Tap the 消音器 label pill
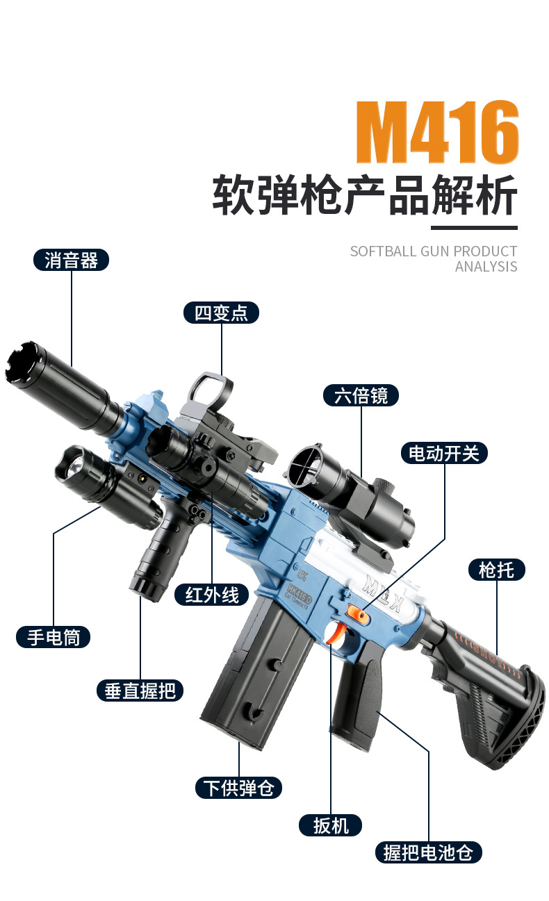(x=72, y=261)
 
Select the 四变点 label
(x=221, y=313)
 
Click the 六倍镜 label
(x=361, y=395)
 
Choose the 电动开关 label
(x=444, y=454)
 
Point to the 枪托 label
(x=496, y=570)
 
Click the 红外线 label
(x=211, y=594)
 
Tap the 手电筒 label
(x=54, y=636)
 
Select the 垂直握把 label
(x=140, y=691)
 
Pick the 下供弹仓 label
(x=238, y=788)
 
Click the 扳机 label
(x=330, y=825)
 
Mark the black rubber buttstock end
(x=514, y=722)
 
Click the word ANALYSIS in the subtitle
(x=486, y=267)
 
